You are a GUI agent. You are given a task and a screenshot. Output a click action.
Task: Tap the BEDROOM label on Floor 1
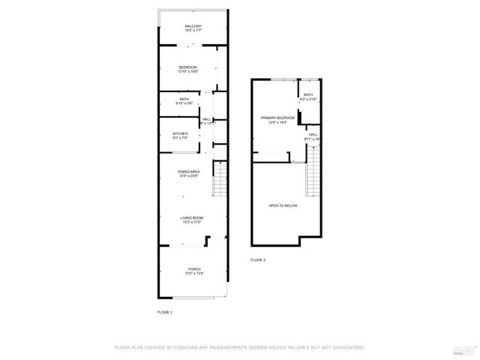tap(187, 67)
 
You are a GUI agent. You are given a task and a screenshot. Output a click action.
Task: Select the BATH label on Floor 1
tap(184, 99)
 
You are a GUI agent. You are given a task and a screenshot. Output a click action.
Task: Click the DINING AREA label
tap(188, 172)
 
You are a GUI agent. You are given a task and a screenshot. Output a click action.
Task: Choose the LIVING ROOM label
tap(192, 217)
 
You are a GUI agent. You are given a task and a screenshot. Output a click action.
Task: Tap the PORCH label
tap(193, 268)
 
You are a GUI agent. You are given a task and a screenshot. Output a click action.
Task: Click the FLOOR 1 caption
tap(164, 311)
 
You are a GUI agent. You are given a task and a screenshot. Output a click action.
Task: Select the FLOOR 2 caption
tap(258, 259)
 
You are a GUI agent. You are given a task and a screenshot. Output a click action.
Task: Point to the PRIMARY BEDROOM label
tap(277, 118)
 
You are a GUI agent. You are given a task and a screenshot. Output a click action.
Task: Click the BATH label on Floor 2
tap(307, 94)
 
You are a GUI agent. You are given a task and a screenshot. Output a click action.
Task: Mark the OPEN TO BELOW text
tap(283, 205)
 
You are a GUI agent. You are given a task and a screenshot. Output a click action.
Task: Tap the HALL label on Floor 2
tap(313, 134)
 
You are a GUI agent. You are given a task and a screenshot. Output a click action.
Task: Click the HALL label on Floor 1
tap(206, 118)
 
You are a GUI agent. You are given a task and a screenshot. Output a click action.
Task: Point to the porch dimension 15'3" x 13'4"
tap(193, 274)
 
